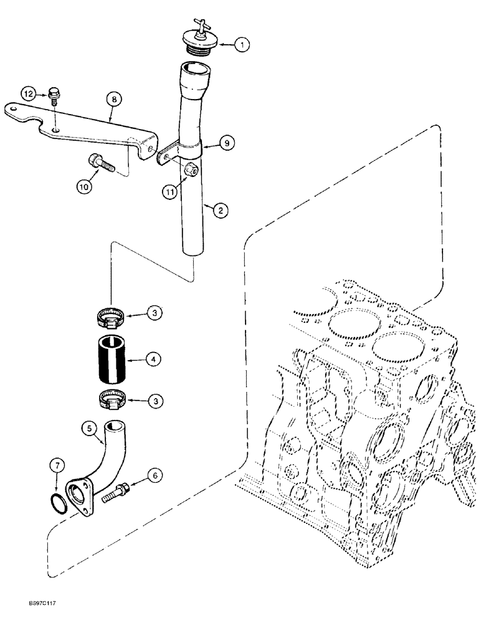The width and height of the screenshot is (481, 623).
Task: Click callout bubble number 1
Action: [x=242, y=44]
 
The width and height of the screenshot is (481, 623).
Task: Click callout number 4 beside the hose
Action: [x=153, y=359]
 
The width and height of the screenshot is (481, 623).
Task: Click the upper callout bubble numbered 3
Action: [x=153, y=313]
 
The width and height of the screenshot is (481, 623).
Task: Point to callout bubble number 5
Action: [x=89, y=429]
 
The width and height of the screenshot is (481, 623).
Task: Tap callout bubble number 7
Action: [x=57, y=465]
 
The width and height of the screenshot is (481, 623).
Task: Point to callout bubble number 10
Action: [x=85, y=185]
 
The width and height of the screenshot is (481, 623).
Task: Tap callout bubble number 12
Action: [x=29, y=93]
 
